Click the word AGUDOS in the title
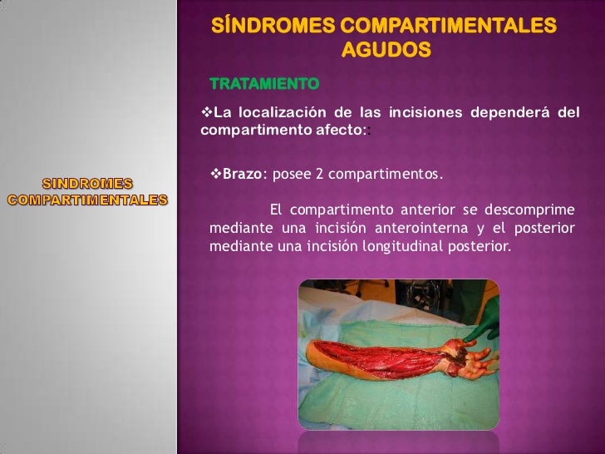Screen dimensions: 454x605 click(x=386, y=50)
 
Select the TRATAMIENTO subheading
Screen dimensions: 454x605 click(x=264, y=84)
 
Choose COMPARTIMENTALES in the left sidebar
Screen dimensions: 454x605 click(x=87, y=200)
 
